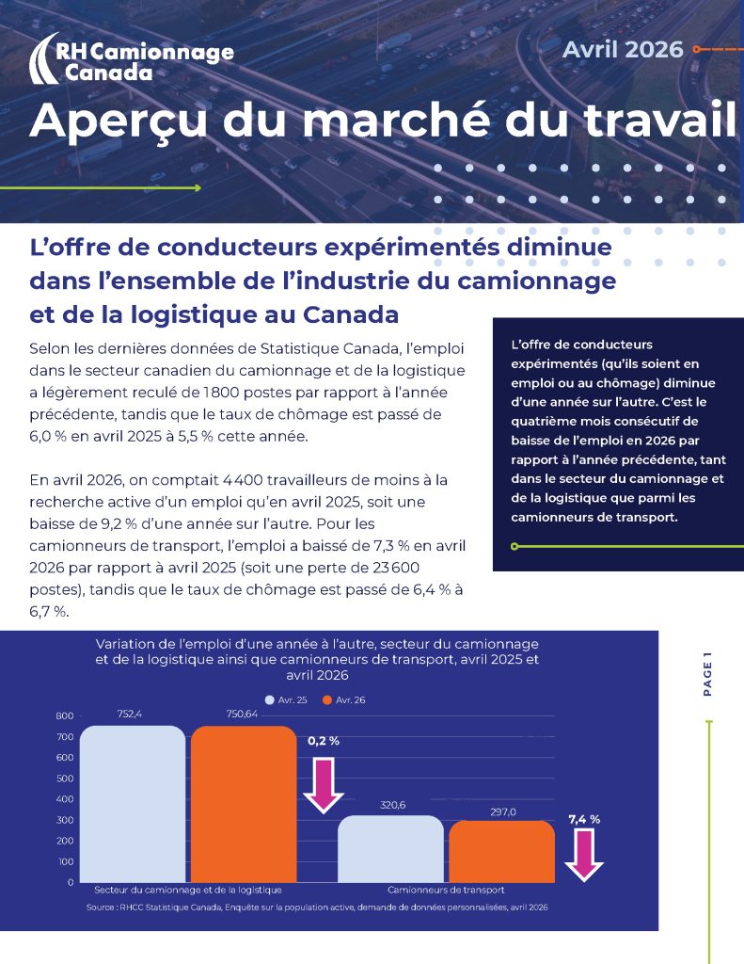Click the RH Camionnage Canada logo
(x=131, y=58)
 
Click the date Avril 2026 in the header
(x=623, y=49)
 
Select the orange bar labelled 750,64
(x=244, y=804)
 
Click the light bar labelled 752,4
(x=133, y=804)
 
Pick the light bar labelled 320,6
(x=390, y=849)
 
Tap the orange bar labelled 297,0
(x=502, y=851)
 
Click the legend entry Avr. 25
(x=286, y=700)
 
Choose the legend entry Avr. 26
(x=343, y=700)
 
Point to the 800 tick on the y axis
(x=65, y=715)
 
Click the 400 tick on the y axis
(x=65, y=799)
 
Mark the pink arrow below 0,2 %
(x=324, y=786)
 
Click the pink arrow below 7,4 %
(x=584, y=856)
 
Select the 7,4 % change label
(x=584, y=819)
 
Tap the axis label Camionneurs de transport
(x=446, y=890)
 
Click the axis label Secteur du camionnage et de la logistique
(x=188, y=890)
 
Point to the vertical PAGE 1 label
(x=707, y=674)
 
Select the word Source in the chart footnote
(x=100, y=908)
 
